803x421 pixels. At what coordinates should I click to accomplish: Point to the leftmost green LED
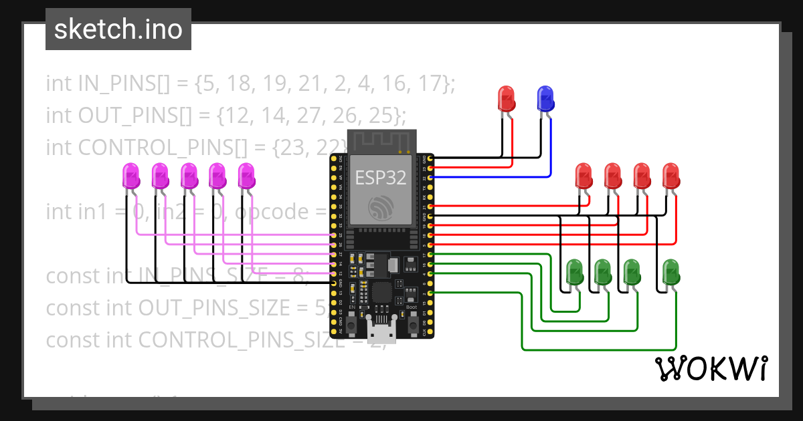[x=574, y=272]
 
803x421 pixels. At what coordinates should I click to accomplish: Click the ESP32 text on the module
[x=379, y=178]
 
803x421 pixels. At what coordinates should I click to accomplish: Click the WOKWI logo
[x=711, y=368]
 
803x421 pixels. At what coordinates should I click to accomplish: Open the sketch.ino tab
[x=118, y=29]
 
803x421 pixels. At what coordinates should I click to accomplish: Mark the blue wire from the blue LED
[x=550, y=154]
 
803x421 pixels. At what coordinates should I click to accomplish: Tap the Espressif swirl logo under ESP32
[x=380, y=208]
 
